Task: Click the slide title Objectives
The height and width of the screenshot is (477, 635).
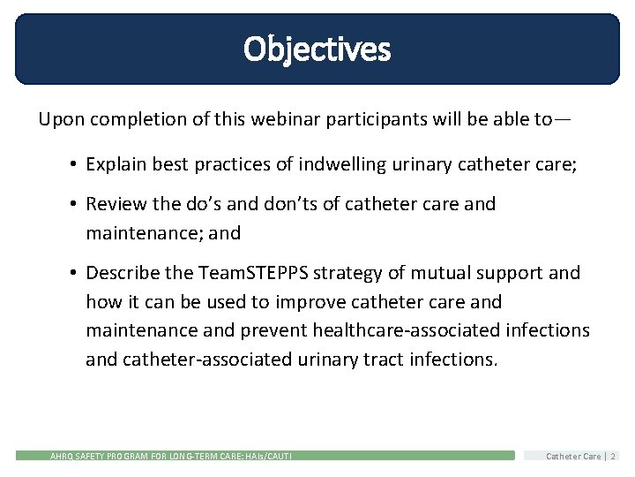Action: (317, 49)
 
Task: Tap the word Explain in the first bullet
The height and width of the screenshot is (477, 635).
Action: (116, 163)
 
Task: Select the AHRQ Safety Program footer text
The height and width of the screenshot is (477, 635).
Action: (170, 456)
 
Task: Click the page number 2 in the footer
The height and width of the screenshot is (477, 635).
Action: (614, 456)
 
